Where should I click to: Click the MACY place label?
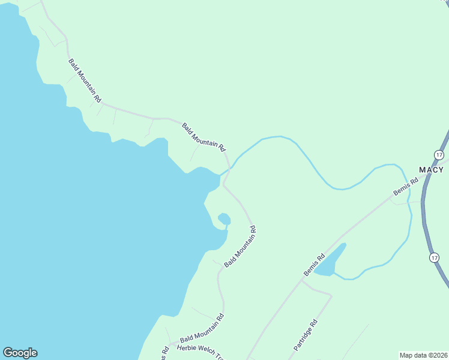[432, 170]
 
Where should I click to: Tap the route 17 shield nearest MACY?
[440, 155]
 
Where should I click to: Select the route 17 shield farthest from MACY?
[434, 257]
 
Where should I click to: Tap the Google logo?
[20, 353]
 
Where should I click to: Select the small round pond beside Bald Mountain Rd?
[223, 218]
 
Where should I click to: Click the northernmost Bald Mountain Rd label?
[84, 79]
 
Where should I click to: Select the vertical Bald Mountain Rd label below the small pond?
[240, 247]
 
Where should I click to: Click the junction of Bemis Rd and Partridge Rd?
[301, 280]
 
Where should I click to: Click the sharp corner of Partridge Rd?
[331, 295]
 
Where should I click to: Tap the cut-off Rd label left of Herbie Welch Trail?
[164, 353]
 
